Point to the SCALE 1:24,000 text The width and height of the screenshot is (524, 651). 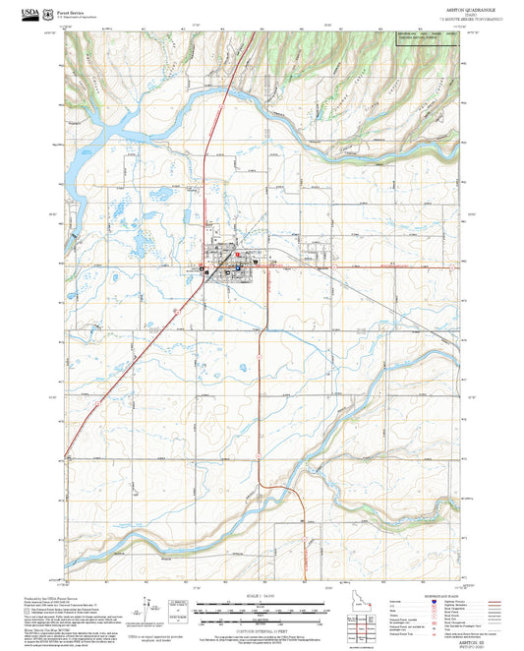[262, 598]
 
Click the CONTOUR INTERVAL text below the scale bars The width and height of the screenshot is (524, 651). [262, 632]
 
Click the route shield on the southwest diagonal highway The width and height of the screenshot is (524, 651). [99, 403]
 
